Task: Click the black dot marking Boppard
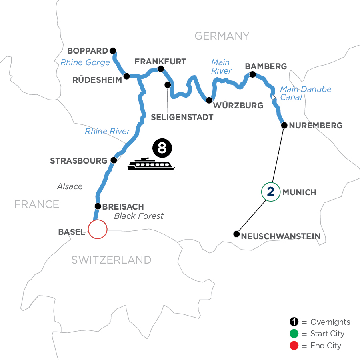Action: [x=113, y=51]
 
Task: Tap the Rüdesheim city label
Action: [x=97, y=80]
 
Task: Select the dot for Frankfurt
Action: [x=161, y=69]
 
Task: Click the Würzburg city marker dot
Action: [x=209, y=100]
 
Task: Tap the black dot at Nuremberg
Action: [x=284, y=126]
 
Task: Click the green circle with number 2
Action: [x=270, y=192]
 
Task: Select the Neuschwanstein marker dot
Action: [x=236, y=234]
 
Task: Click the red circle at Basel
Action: [x=98, y=230]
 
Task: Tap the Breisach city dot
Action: [x=97, y=206]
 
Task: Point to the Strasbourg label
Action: [x=79, y=161]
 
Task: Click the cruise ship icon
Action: [x=151, y=164]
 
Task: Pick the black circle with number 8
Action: [x=162, y=148]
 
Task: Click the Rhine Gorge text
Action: [x=85, y=62]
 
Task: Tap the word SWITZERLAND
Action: [x=111, y=260]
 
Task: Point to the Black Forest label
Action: [x=139, y=216]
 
